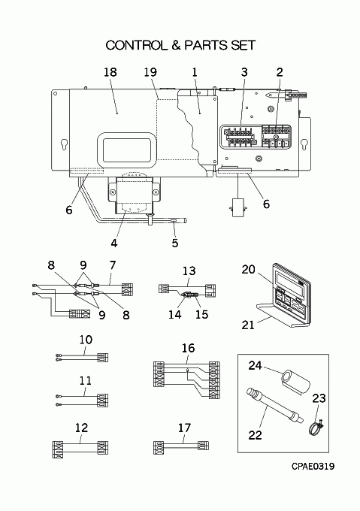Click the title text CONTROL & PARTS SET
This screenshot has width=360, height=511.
click(180, 45)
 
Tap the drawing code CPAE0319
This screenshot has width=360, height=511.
click(313, 467)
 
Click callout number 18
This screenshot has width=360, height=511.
click(110, 72)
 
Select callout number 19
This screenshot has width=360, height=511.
click(150, 72)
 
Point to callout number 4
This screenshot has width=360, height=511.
click(114, 243)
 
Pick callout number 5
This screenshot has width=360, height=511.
click(175, 243)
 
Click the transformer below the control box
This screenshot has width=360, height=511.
click(135, 194)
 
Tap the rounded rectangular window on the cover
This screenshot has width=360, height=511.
click(126, 150)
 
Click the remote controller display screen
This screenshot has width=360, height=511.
click(289, 278)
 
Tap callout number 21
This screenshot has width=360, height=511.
click(248, 325)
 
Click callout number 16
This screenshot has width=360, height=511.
click(188, 348)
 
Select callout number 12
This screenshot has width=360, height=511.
click(81, 428)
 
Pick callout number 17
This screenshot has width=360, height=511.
click(184, 428)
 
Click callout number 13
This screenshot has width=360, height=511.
click(189, 271)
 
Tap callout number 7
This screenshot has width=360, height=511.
click(113, 265)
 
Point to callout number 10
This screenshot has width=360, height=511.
click(86, 340)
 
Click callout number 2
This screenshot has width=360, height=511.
click(280, 72)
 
